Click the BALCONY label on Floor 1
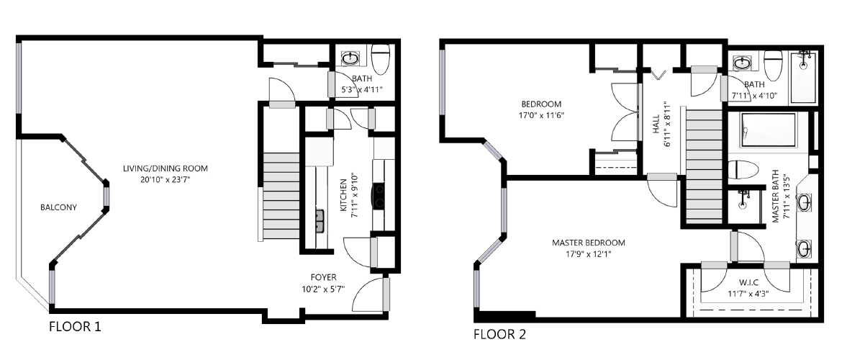point(58,207)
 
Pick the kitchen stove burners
point(378,195)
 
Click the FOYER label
point(323,277)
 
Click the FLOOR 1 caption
point(74,327)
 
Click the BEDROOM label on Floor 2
point(540,104)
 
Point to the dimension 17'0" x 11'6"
point(540,114)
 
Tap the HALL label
point(656,127)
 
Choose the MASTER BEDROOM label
point(588,243)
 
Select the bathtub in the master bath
point(768,130)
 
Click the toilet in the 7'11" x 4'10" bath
point(774,66)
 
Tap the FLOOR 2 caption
point(499,334)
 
